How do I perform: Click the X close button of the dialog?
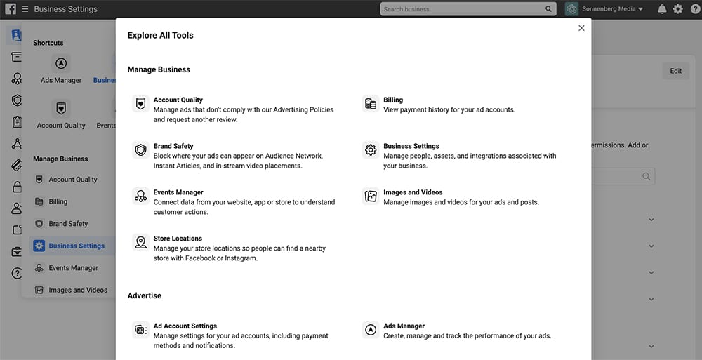[581, 28]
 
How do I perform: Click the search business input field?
[463, 9]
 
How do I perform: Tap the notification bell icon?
[662, 9]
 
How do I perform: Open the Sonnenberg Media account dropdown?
[604, 9]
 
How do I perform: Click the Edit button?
[675, 71]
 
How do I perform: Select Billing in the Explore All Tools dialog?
[393, 100]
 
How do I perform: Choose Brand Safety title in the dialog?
[173, 146]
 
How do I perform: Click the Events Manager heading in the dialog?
[178, 192]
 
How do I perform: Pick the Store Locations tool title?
[178, 239]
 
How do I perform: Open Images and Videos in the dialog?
[413, 192]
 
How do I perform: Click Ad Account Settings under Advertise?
[185, 326]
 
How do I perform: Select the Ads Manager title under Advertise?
[404, 326]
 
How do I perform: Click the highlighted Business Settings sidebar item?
[76, 246]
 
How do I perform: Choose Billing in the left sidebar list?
[58, 201]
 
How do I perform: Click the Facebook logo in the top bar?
[9, 9]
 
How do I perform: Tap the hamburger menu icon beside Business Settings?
[25, 9]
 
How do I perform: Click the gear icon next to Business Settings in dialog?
[371, 150]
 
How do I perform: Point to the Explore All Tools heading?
[160, 35]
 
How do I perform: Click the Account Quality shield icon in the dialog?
[140, 104]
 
